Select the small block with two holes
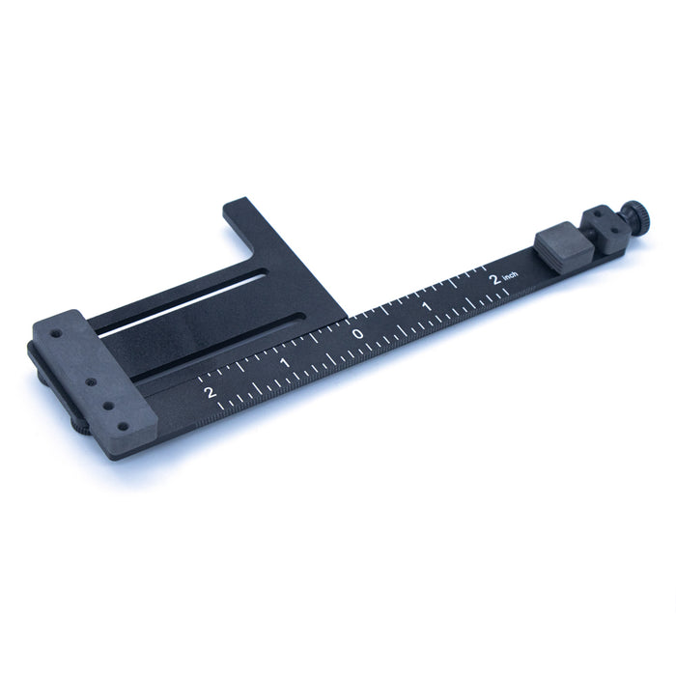coord(604,231)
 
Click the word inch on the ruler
coord(510,275)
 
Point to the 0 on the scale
coord(358,334)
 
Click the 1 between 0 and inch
coord(427,306)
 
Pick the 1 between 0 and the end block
coord(285,362)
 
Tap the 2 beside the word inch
coord(495,279)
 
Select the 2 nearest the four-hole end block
coord(210,392)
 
